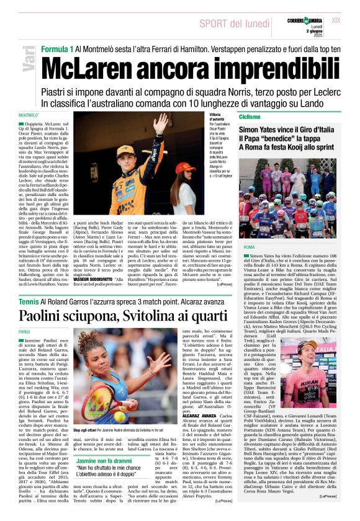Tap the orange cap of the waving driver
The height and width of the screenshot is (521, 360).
125,151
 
